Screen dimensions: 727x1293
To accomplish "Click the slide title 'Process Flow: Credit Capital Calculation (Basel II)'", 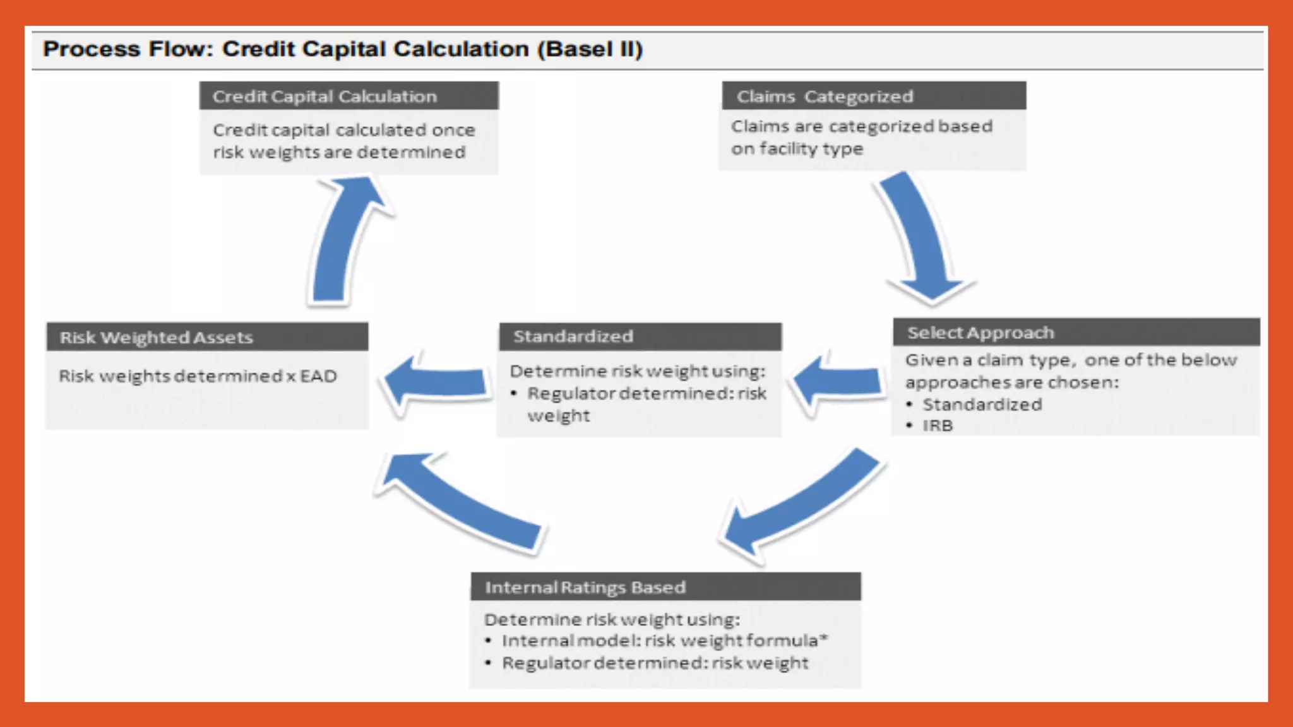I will click(x=343, y=49).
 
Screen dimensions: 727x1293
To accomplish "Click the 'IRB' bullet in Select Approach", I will click(x=938, y=426).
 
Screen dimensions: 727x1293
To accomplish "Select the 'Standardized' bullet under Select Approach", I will click(x=982, y=405).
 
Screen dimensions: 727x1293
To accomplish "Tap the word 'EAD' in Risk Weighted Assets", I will click(x=318, y=376).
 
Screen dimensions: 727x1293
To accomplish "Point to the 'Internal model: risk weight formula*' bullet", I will click(x=664, y=641).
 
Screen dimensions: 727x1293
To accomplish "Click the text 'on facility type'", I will click(x=797, y=149).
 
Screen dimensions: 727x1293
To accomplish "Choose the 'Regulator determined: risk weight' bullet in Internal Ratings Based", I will click(x=655, y=663).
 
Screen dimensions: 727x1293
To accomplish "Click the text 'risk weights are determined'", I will click(x=339, y=153).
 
